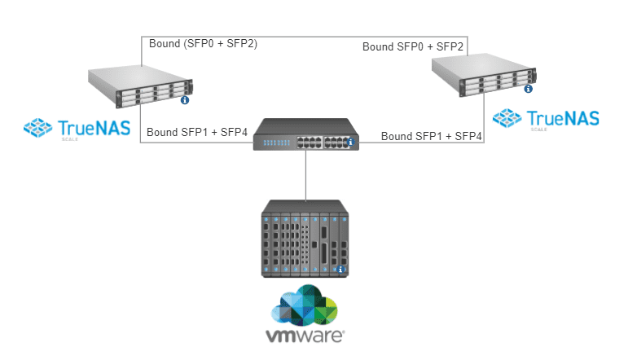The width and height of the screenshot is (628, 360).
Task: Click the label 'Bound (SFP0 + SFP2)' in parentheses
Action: coord(203,44)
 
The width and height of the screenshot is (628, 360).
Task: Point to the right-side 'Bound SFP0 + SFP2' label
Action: coord(413,47)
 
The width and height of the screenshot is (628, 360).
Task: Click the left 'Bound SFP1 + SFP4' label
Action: coord(196,132)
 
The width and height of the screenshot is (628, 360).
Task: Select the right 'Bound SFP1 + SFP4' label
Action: coord(432,136)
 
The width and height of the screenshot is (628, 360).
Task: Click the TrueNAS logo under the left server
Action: coord(77,128)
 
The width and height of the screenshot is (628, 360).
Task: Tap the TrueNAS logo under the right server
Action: coord(546,120)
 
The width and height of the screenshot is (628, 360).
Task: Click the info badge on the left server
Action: coord(185,100)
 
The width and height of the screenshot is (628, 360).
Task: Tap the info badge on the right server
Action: coord(529,88)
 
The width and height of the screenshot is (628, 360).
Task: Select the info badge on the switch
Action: coord(351,143)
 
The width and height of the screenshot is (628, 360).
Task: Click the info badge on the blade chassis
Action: coord(342,270)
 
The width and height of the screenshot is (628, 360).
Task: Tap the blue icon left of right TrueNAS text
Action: coord(507,119)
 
